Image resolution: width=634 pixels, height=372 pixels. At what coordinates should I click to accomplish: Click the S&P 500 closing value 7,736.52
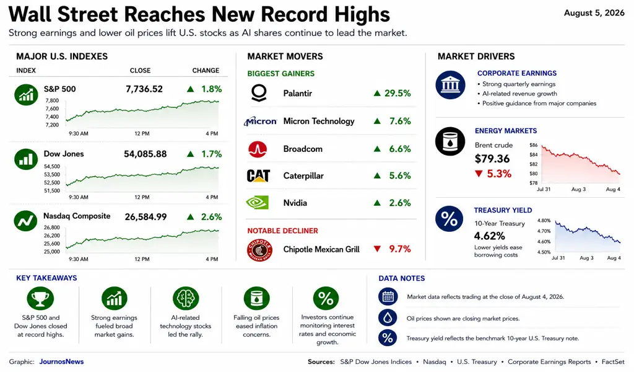[144, 89]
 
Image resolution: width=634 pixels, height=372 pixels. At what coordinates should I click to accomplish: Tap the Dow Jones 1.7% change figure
[212, 154]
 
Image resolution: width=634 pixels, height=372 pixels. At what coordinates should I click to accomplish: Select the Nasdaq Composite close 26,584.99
[145, 217]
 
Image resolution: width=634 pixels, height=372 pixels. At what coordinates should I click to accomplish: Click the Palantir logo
[259, 93]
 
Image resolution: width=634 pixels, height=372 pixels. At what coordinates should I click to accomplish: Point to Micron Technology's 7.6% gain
[400, 121]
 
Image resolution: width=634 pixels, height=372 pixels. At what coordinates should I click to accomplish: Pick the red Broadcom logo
[258, 149]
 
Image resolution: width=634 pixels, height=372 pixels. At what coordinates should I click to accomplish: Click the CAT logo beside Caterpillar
[258, 175]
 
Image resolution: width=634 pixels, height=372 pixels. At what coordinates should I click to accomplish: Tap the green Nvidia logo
[258, 203]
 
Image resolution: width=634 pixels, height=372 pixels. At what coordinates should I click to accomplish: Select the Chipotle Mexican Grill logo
[259, 250]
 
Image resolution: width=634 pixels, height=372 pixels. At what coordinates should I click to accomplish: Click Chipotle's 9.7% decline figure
[400, 249]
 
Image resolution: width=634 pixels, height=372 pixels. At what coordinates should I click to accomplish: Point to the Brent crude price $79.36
[492, 159]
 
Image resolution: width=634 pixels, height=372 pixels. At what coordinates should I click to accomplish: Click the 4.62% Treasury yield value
[489, 236]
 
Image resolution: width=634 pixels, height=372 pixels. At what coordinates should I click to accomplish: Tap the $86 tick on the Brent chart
[533, 145]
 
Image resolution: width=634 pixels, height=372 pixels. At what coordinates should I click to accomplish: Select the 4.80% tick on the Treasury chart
[544, 221]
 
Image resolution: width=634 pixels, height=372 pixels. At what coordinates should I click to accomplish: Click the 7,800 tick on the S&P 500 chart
[52, 100]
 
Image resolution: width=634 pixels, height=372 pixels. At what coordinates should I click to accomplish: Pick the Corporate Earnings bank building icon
[451, 85]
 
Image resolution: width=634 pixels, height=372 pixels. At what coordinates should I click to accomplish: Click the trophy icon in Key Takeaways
[40, 299]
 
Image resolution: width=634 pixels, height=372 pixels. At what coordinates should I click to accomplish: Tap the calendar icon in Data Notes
[388, 297]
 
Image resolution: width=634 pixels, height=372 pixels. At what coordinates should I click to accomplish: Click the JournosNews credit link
[61, 361]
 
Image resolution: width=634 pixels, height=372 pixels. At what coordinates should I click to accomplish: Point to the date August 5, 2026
[594, 13]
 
